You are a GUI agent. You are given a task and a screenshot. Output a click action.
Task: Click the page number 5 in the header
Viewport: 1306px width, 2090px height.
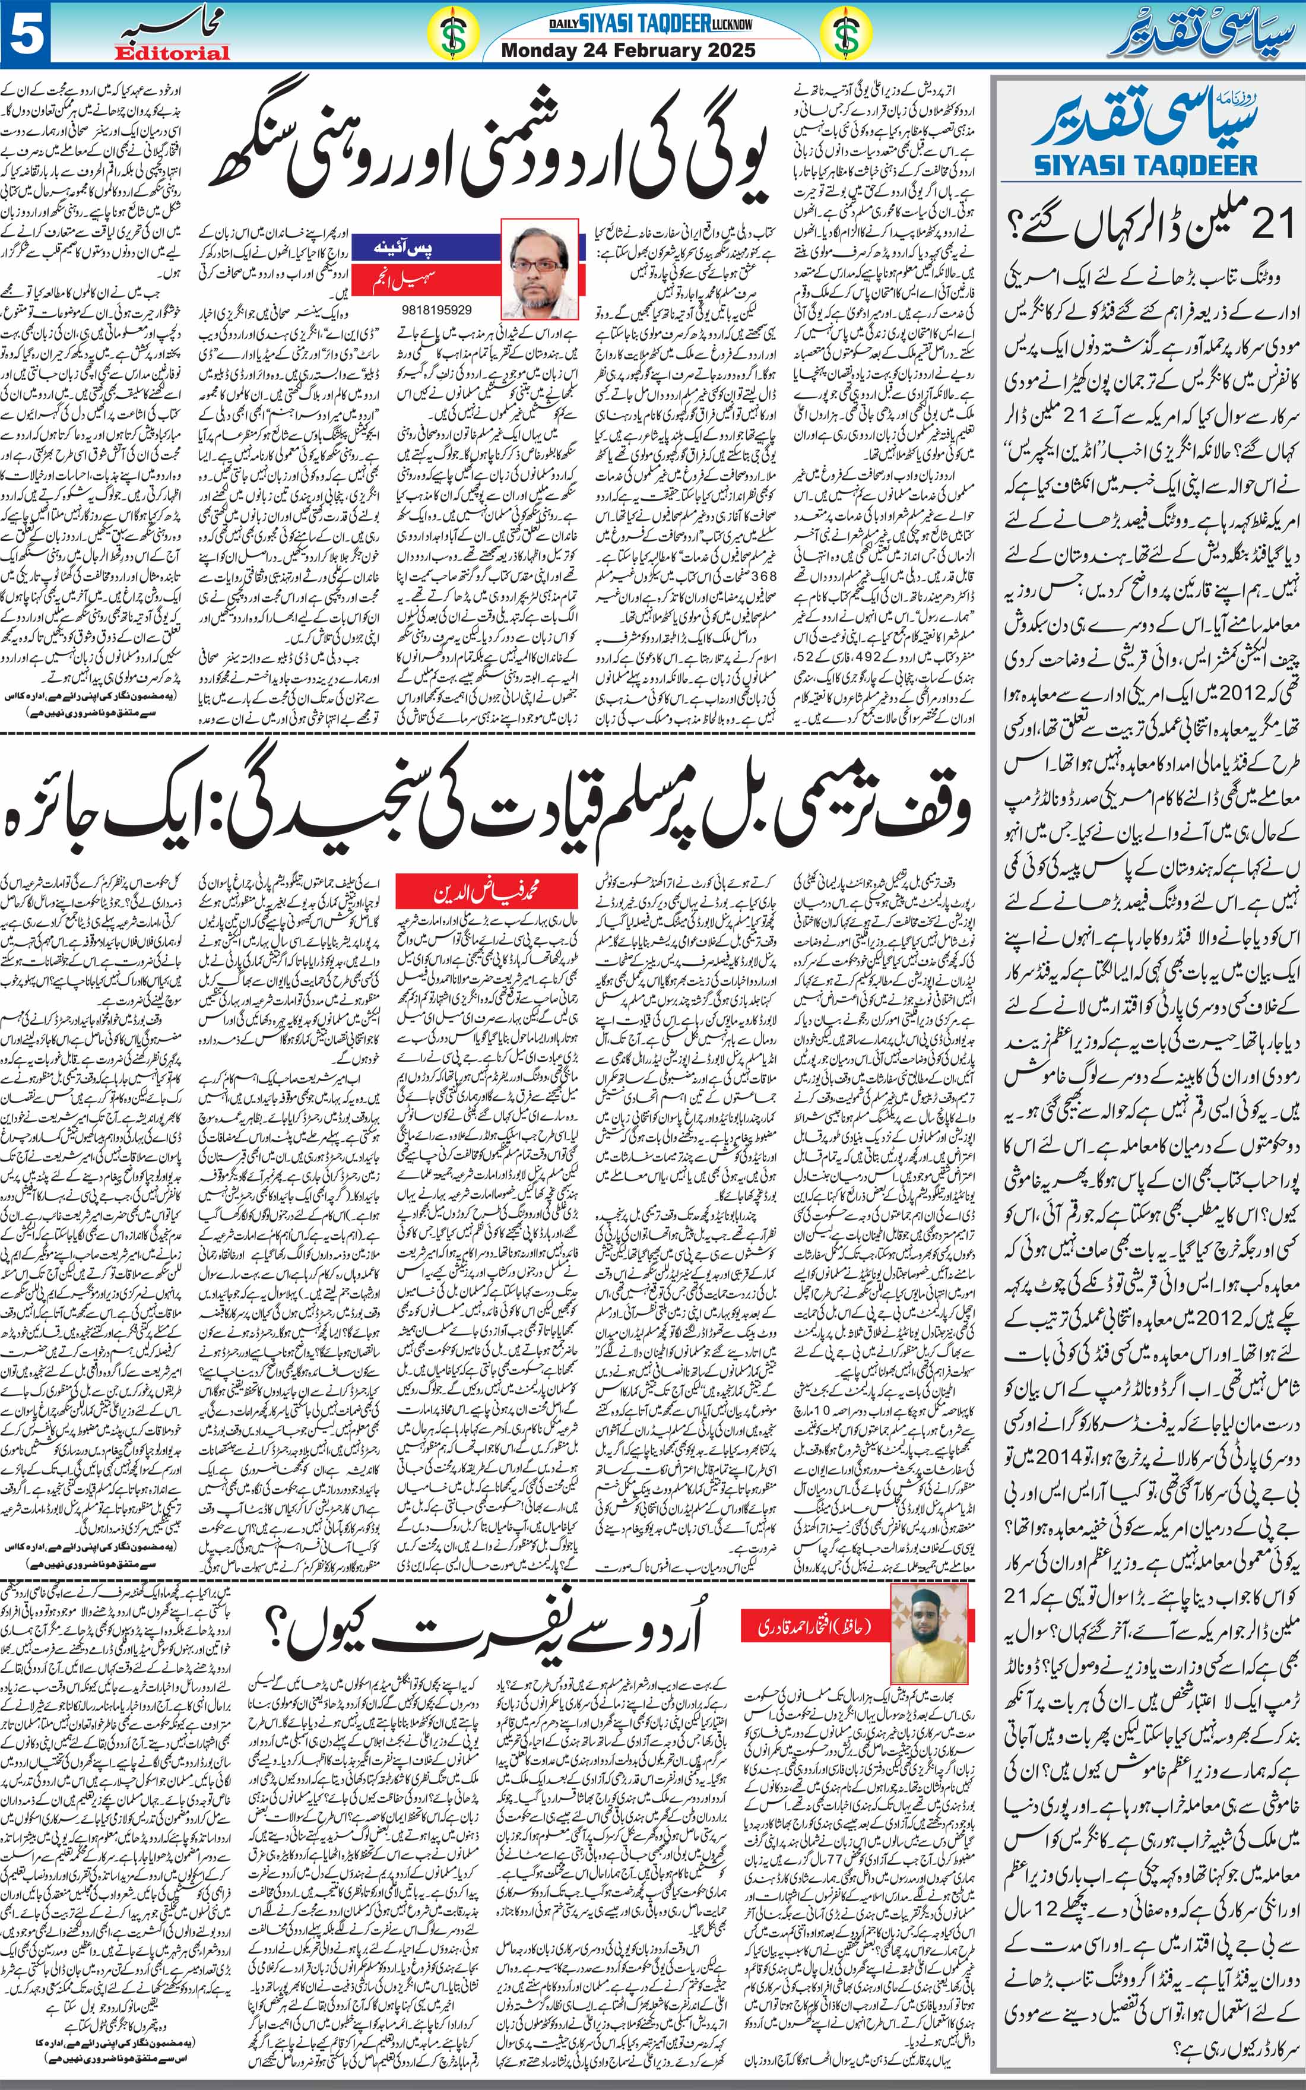click(x=26, y=34)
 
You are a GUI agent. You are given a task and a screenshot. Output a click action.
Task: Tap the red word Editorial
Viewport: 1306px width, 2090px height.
click(x=172, y=53)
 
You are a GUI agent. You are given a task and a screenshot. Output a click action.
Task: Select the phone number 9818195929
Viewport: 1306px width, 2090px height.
click(x=437, y=309)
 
